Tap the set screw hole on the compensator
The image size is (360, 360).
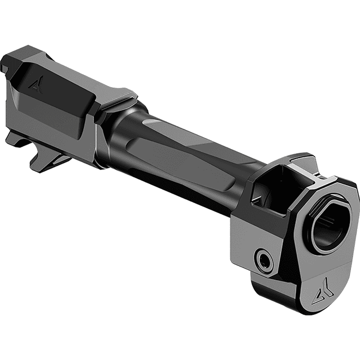(263, 259)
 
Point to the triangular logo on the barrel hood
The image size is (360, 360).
(37, 84)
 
